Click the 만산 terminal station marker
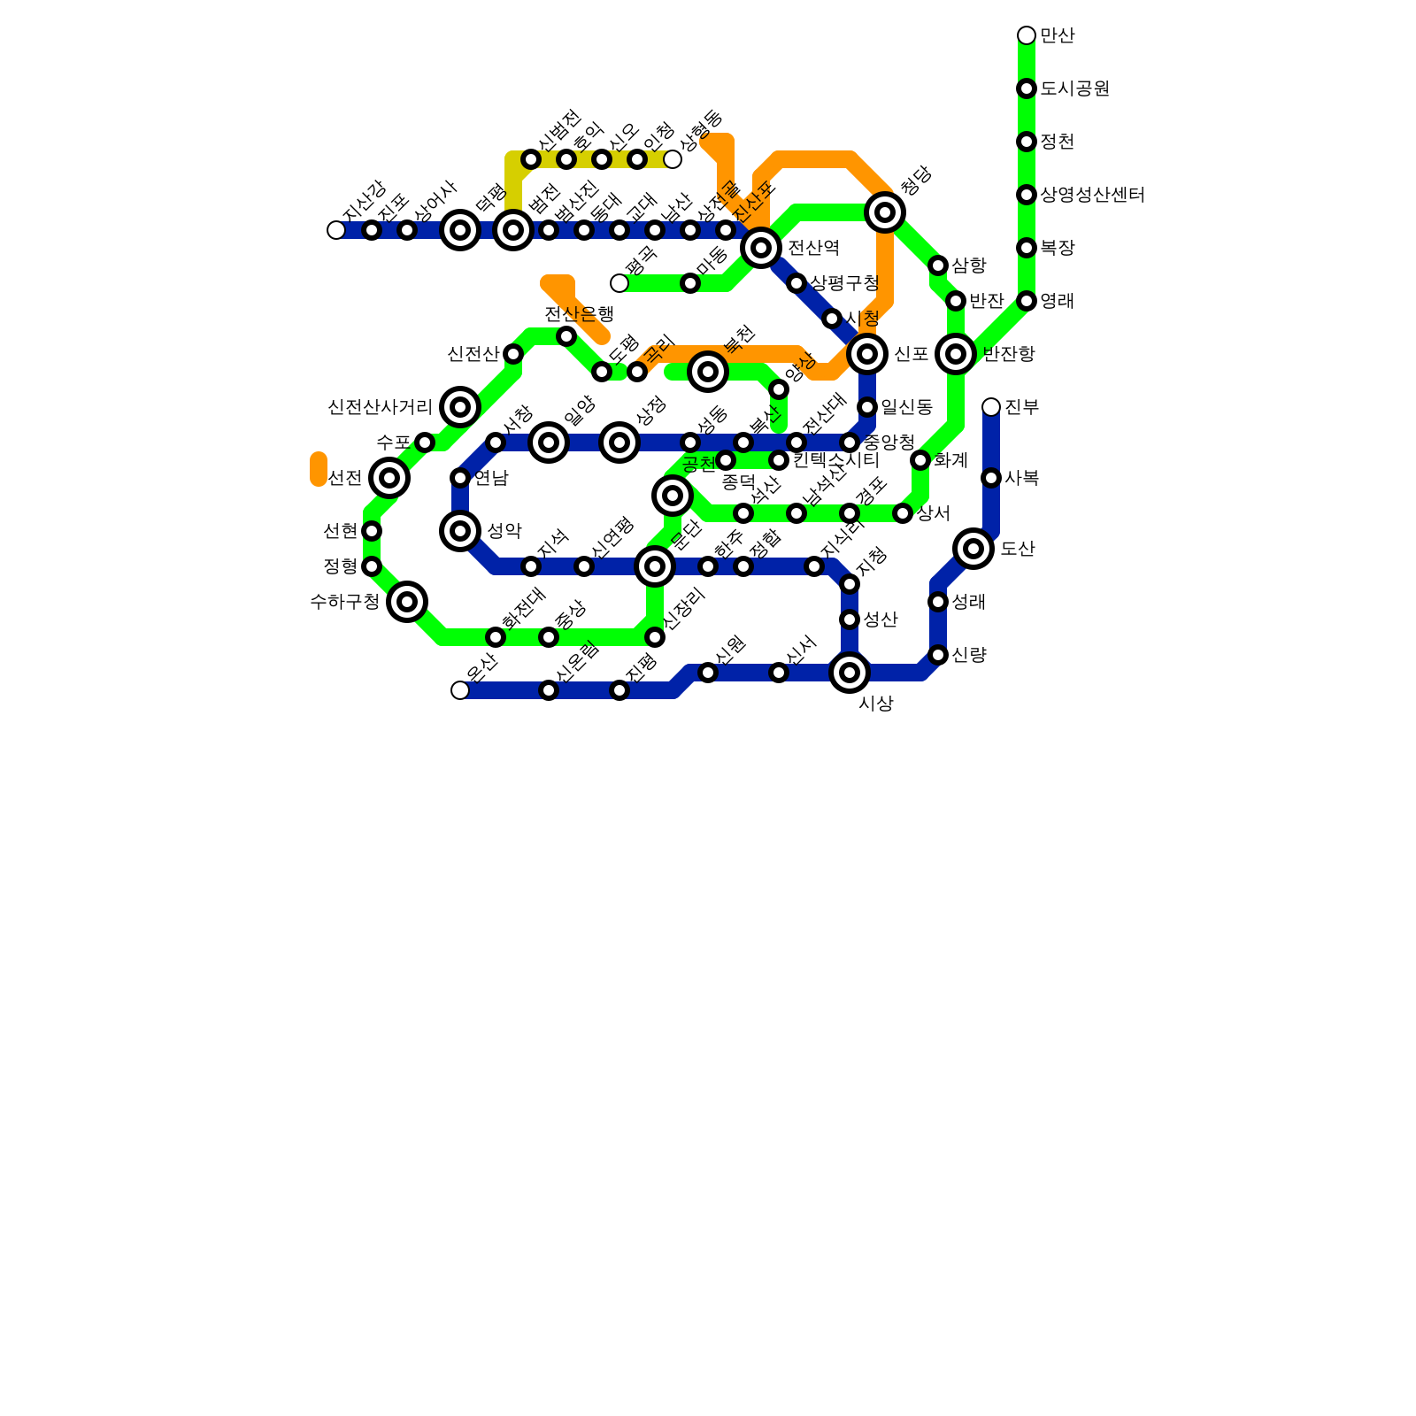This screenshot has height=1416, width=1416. click(x=1027, y=35)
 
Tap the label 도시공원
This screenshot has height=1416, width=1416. click(x=1074, y=88)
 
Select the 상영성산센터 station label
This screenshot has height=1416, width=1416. click(x=1092, y=195)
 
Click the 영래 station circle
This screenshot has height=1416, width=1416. click(x=1027, y=301)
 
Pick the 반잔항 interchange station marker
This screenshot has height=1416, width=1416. click(x=956, y=354)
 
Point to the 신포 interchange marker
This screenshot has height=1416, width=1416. click(x=867, y=354)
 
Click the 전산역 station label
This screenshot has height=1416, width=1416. click(x=813, y=248)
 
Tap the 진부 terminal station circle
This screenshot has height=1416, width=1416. click(x=991, y=407)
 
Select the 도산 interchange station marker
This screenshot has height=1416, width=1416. click(x=973, y=549)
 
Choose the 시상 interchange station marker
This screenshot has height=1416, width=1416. click(x=850, y=673)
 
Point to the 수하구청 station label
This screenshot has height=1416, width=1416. click(x=344, y=602)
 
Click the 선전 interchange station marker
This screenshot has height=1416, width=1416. click(x=389, y=478)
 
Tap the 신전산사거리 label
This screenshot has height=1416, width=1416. click(x=380, y=407)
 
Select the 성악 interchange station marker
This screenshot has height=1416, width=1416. click(x=460, y=531)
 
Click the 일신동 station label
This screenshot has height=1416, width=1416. click(x=906, y=407)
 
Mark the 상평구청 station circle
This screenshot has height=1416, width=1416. click(x=796, y=283)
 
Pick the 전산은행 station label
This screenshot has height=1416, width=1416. click(x=579, y=314)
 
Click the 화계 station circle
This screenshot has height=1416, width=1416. click(x=920, y=460)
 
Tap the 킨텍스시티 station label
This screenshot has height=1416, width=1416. click(x=835, y=460)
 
